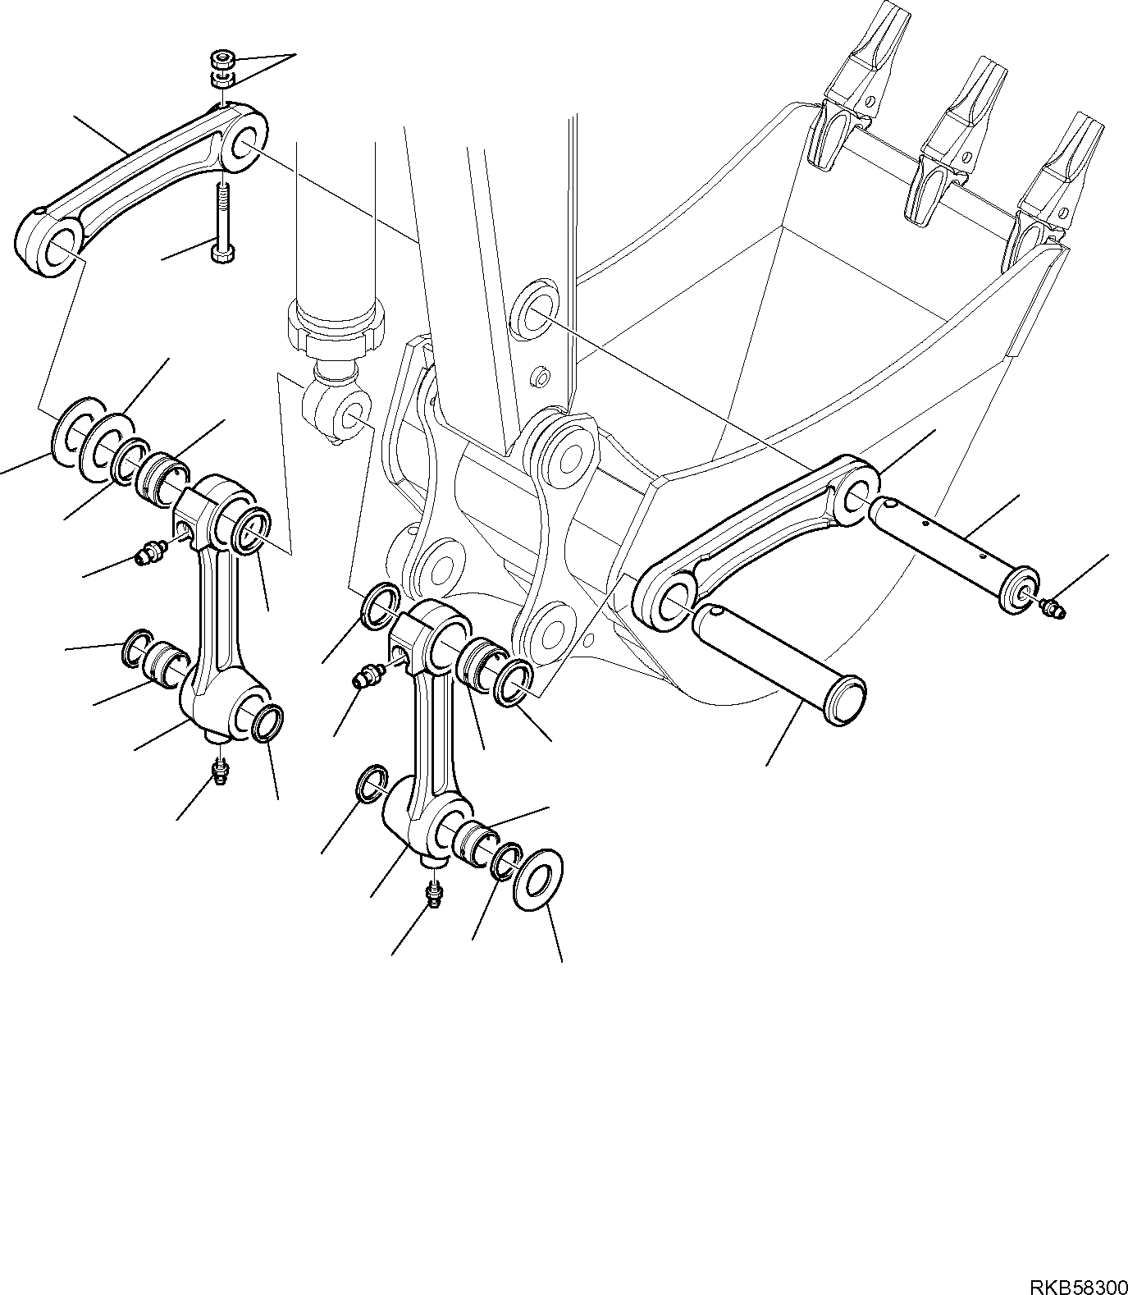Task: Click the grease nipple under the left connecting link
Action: coord(220,771)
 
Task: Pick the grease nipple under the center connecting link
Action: coord(432,892)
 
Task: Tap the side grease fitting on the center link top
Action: coord(368,675)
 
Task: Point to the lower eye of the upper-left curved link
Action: coord(55,249)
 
